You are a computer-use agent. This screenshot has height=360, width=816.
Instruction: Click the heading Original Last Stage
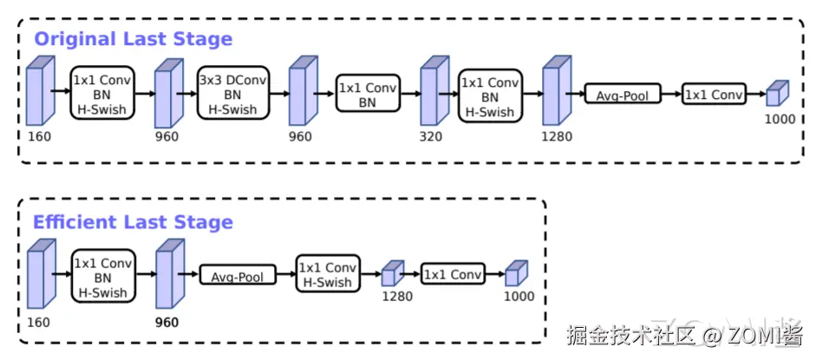point(133,39)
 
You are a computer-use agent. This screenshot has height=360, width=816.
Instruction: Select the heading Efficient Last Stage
point(133,222)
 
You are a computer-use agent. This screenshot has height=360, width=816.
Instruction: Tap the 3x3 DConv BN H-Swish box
point(233,95)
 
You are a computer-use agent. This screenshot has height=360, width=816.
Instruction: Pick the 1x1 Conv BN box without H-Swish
point(368,95)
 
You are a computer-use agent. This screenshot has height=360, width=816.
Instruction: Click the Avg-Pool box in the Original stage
point(623,95)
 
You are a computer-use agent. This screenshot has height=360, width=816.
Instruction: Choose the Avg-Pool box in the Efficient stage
point(238,277)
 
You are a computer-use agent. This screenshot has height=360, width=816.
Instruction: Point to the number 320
point(431,136)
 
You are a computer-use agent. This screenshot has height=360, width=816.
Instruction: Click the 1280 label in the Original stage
point(557,136)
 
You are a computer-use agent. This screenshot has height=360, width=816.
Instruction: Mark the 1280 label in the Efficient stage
point(397,297)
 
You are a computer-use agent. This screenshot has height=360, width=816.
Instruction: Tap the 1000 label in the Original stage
point(780,119)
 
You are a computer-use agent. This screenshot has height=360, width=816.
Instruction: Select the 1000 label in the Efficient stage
point(519,297)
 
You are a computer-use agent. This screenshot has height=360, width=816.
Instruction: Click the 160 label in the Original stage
point(39,136)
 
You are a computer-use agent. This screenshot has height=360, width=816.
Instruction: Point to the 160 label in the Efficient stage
point(39,322)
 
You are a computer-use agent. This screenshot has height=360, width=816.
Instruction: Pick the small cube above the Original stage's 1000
point(778,94)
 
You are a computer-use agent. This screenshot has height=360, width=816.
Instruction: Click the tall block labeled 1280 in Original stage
point(554,91)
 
